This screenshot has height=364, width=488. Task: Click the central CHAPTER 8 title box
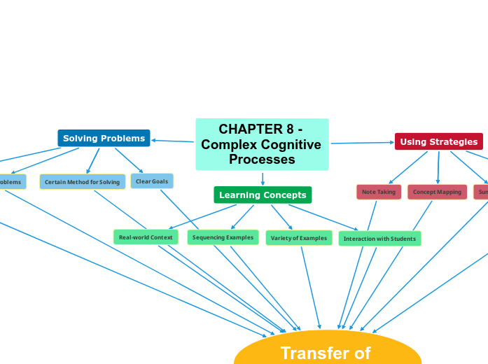[262, 144]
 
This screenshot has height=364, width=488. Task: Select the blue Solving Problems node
[104, 139]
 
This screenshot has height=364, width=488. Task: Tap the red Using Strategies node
[438, 141]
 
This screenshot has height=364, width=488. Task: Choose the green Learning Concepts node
[263, 195]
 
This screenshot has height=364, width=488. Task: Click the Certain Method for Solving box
[83, 182]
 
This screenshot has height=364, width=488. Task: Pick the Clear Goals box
[152, 181]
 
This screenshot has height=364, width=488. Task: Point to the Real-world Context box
[146, 237]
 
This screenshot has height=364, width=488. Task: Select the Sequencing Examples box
[223, 237]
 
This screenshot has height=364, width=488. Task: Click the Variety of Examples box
[298, 238]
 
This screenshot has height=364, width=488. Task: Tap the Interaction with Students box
[379, 239]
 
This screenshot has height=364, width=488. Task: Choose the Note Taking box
[379, 192]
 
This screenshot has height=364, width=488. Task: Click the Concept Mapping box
[437, 192]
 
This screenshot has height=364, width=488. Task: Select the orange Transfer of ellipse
[328, 350]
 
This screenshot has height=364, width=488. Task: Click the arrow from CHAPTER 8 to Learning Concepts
[263, 178]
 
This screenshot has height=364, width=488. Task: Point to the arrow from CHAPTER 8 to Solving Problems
[173, 141]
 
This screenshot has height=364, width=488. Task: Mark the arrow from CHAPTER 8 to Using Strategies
[362, 143]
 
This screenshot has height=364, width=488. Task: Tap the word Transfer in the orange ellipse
[308, 353]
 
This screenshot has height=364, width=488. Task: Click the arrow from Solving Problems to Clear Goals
[129, 160]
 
